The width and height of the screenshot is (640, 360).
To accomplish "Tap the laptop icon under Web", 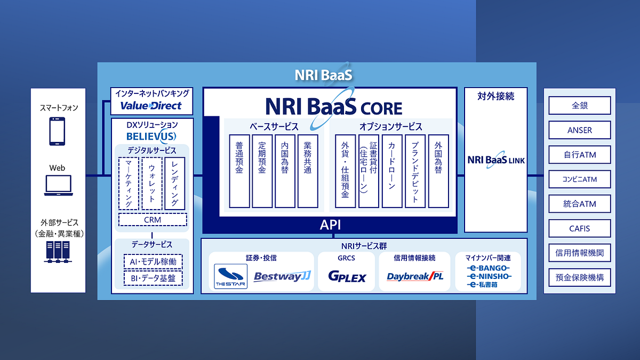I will tap(58, 185).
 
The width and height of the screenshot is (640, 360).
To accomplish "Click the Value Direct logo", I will tap(151, 106).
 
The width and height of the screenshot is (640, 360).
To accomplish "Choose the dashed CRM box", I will tap(153, 220).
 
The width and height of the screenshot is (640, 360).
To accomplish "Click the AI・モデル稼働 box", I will tap(153, 262).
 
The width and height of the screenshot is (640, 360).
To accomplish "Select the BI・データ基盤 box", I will tap(153, 278).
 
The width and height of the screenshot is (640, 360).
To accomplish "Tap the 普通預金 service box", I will tap(239, 171).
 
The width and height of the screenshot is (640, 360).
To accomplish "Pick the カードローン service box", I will tap(392, 171).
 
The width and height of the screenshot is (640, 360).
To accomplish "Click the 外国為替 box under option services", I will tap(438, 171).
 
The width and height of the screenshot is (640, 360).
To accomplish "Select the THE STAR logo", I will tap(230, 276).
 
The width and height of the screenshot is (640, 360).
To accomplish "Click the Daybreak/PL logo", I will tap(415, 277).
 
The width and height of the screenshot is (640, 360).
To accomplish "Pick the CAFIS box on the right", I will tap(579, 229).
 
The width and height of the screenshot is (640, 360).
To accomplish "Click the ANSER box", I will tap(579, 130).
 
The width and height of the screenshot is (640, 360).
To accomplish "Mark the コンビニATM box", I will tap(579, 180).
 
